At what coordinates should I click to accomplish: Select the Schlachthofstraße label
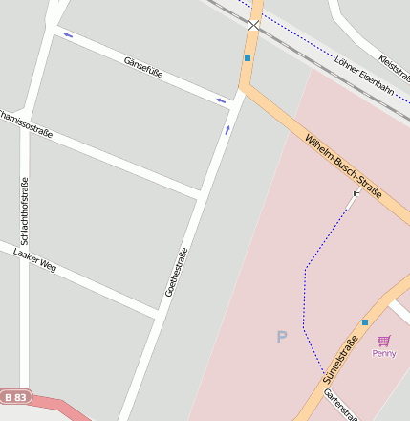pos(25,211)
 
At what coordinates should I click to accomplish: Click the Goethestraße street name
pos(176,271)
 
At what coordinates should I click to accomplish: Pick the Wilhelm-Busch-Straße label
pos(343,168)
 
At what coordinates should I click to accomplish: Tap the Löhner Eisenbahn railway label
pos(364,74)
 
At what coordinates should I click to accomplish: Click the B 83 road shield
pos(16,395)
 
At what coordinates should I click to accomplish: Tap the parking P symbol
pos(281,337)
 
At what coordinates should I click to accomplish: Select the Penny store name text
pos(384,353)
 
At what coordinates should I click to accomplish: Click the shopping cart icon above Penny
pos(384,340)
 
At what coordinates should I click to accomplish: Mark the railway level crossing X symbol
pos(254,26)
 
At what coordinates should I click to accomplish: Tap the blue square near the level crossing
pos(247,58)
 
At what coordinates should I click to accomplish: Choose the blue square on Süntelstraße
pos(365,322)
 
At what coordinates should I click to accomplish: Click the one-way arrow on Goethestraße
pos(227,129)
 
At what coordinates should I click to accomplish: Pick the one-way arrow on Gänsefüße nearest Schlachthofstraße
pos(68,36)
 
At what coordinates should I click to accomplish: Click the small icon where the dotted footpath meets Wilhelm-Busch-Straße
pos(356,193)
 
